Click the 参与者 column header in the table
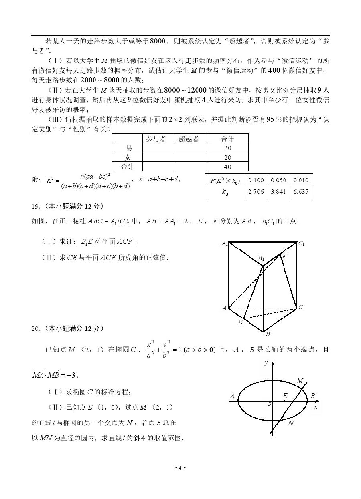156,139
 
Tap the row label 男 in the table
128,148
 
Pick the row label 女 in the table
128,157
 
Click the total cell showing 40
227,167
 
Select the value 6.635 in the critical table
301,192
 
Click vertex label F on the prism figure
284,256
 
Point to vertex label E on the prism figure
240,322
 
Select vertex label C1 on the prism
301,243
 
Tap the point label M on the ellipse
300,381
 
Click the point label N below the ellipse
291,423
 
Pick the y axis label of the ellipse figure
266,363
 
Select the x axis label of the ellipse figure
315,407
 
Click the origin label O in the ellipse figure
269,405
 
